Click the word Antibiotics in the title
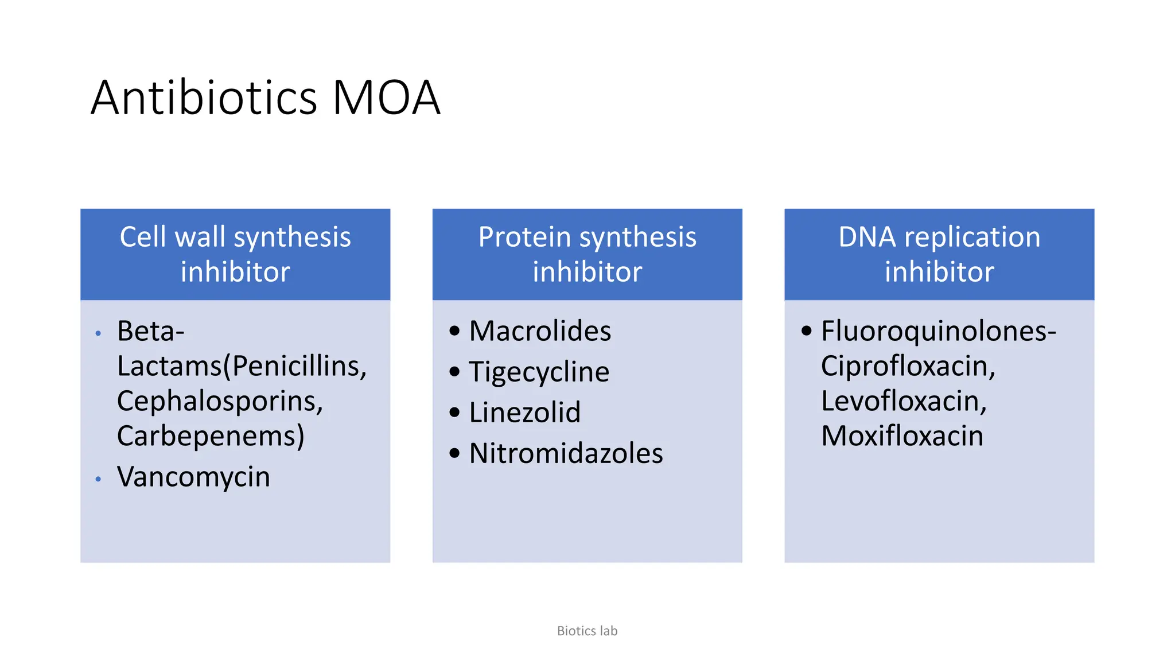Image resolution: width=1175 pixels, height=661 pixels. click(204, 98)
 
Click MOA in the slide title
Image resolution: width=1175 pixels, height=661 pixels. click(386, 98)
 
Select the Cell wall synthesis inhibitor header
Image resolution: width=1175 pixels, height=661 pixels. click(235, 254)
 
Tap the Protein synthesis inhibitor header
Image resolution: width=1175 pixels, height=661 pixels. click(587, 254)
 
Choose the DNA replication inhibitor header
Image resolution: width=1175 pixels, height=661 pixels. click(939, 254)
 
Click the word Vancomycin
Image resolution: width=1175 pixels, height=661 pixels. click(193, 477)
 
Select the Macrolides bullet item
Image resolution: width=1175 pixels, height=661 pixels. click(540, 331)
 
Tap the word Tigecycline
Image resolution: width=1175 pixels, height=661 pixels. click(539, 372)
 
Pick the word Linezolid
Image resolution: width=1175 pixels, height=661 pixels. click(524, 413)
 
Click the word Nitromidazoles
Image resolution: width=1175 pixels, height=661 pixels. click(566, 453)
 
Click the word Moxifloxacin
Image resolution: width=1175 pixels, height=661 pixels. click(902, 436)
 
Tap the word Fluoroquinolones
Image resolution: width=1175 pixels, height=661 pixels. click(935, 331)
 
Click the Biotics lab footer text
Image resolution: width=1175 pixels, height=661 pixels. click(587, 631)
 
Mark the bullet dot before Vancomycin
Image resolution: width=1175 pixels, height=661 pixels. click(99, 479)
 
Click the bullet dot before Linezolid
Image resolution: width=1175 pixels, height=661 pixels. click(454, 413)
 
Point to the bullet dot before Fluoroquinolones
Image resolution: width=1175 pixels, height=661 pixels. click(807, 330)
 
